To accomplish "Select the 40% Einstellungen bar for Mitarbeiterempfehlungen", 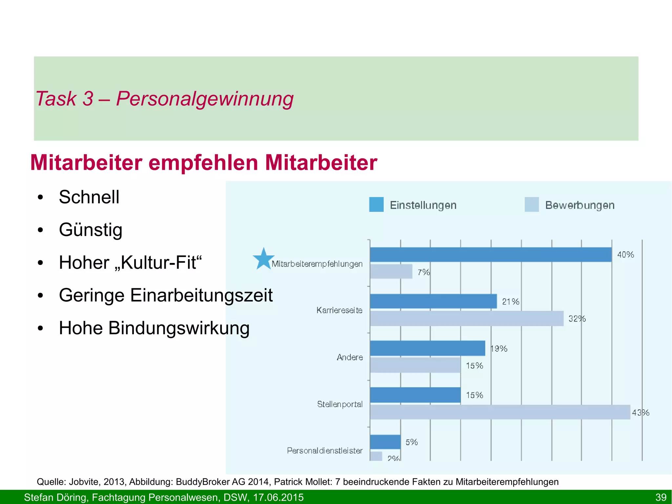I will point(491,254).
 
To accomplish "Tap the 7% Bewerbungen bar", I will point(391,272).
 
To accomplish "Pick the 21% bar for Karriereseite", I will point(433,301).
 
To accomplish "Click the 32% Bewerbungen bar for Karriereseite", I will point(467,318).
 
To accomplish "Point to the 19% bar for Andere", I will point(427,348).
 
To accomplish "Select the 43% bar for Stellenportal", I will point(500,412).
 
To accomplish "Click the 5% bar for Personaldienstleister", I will point(385,442).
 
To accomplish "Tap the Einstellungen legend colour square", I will point(376,205).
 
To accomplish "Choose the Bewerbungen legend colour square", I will point(532,205).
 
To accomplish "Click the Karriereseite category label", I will point(339,310).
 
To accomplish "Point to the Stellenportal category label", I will point(340,404).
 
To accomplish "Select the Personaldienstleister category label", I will point(325,451).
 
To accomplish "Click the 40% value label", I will point(625,255).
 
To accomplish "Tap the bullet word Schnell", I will point(89,197).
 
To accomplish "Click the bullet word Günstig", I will point(91,230).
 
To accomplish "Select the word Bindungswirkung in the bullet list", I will point(179,328).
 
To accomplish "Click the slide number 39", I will point(661,497).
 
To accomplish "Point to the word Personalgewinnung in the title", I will point(205,99).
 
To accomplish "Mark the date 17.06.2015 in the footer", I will point(278,497).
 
